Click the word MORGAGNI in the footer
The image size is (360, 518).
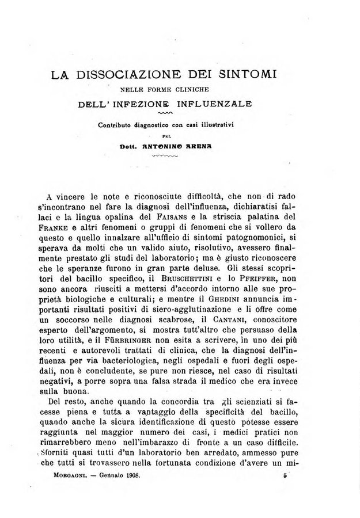[63, 476]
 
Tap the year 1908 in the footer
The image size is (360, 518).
[132, 476]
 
